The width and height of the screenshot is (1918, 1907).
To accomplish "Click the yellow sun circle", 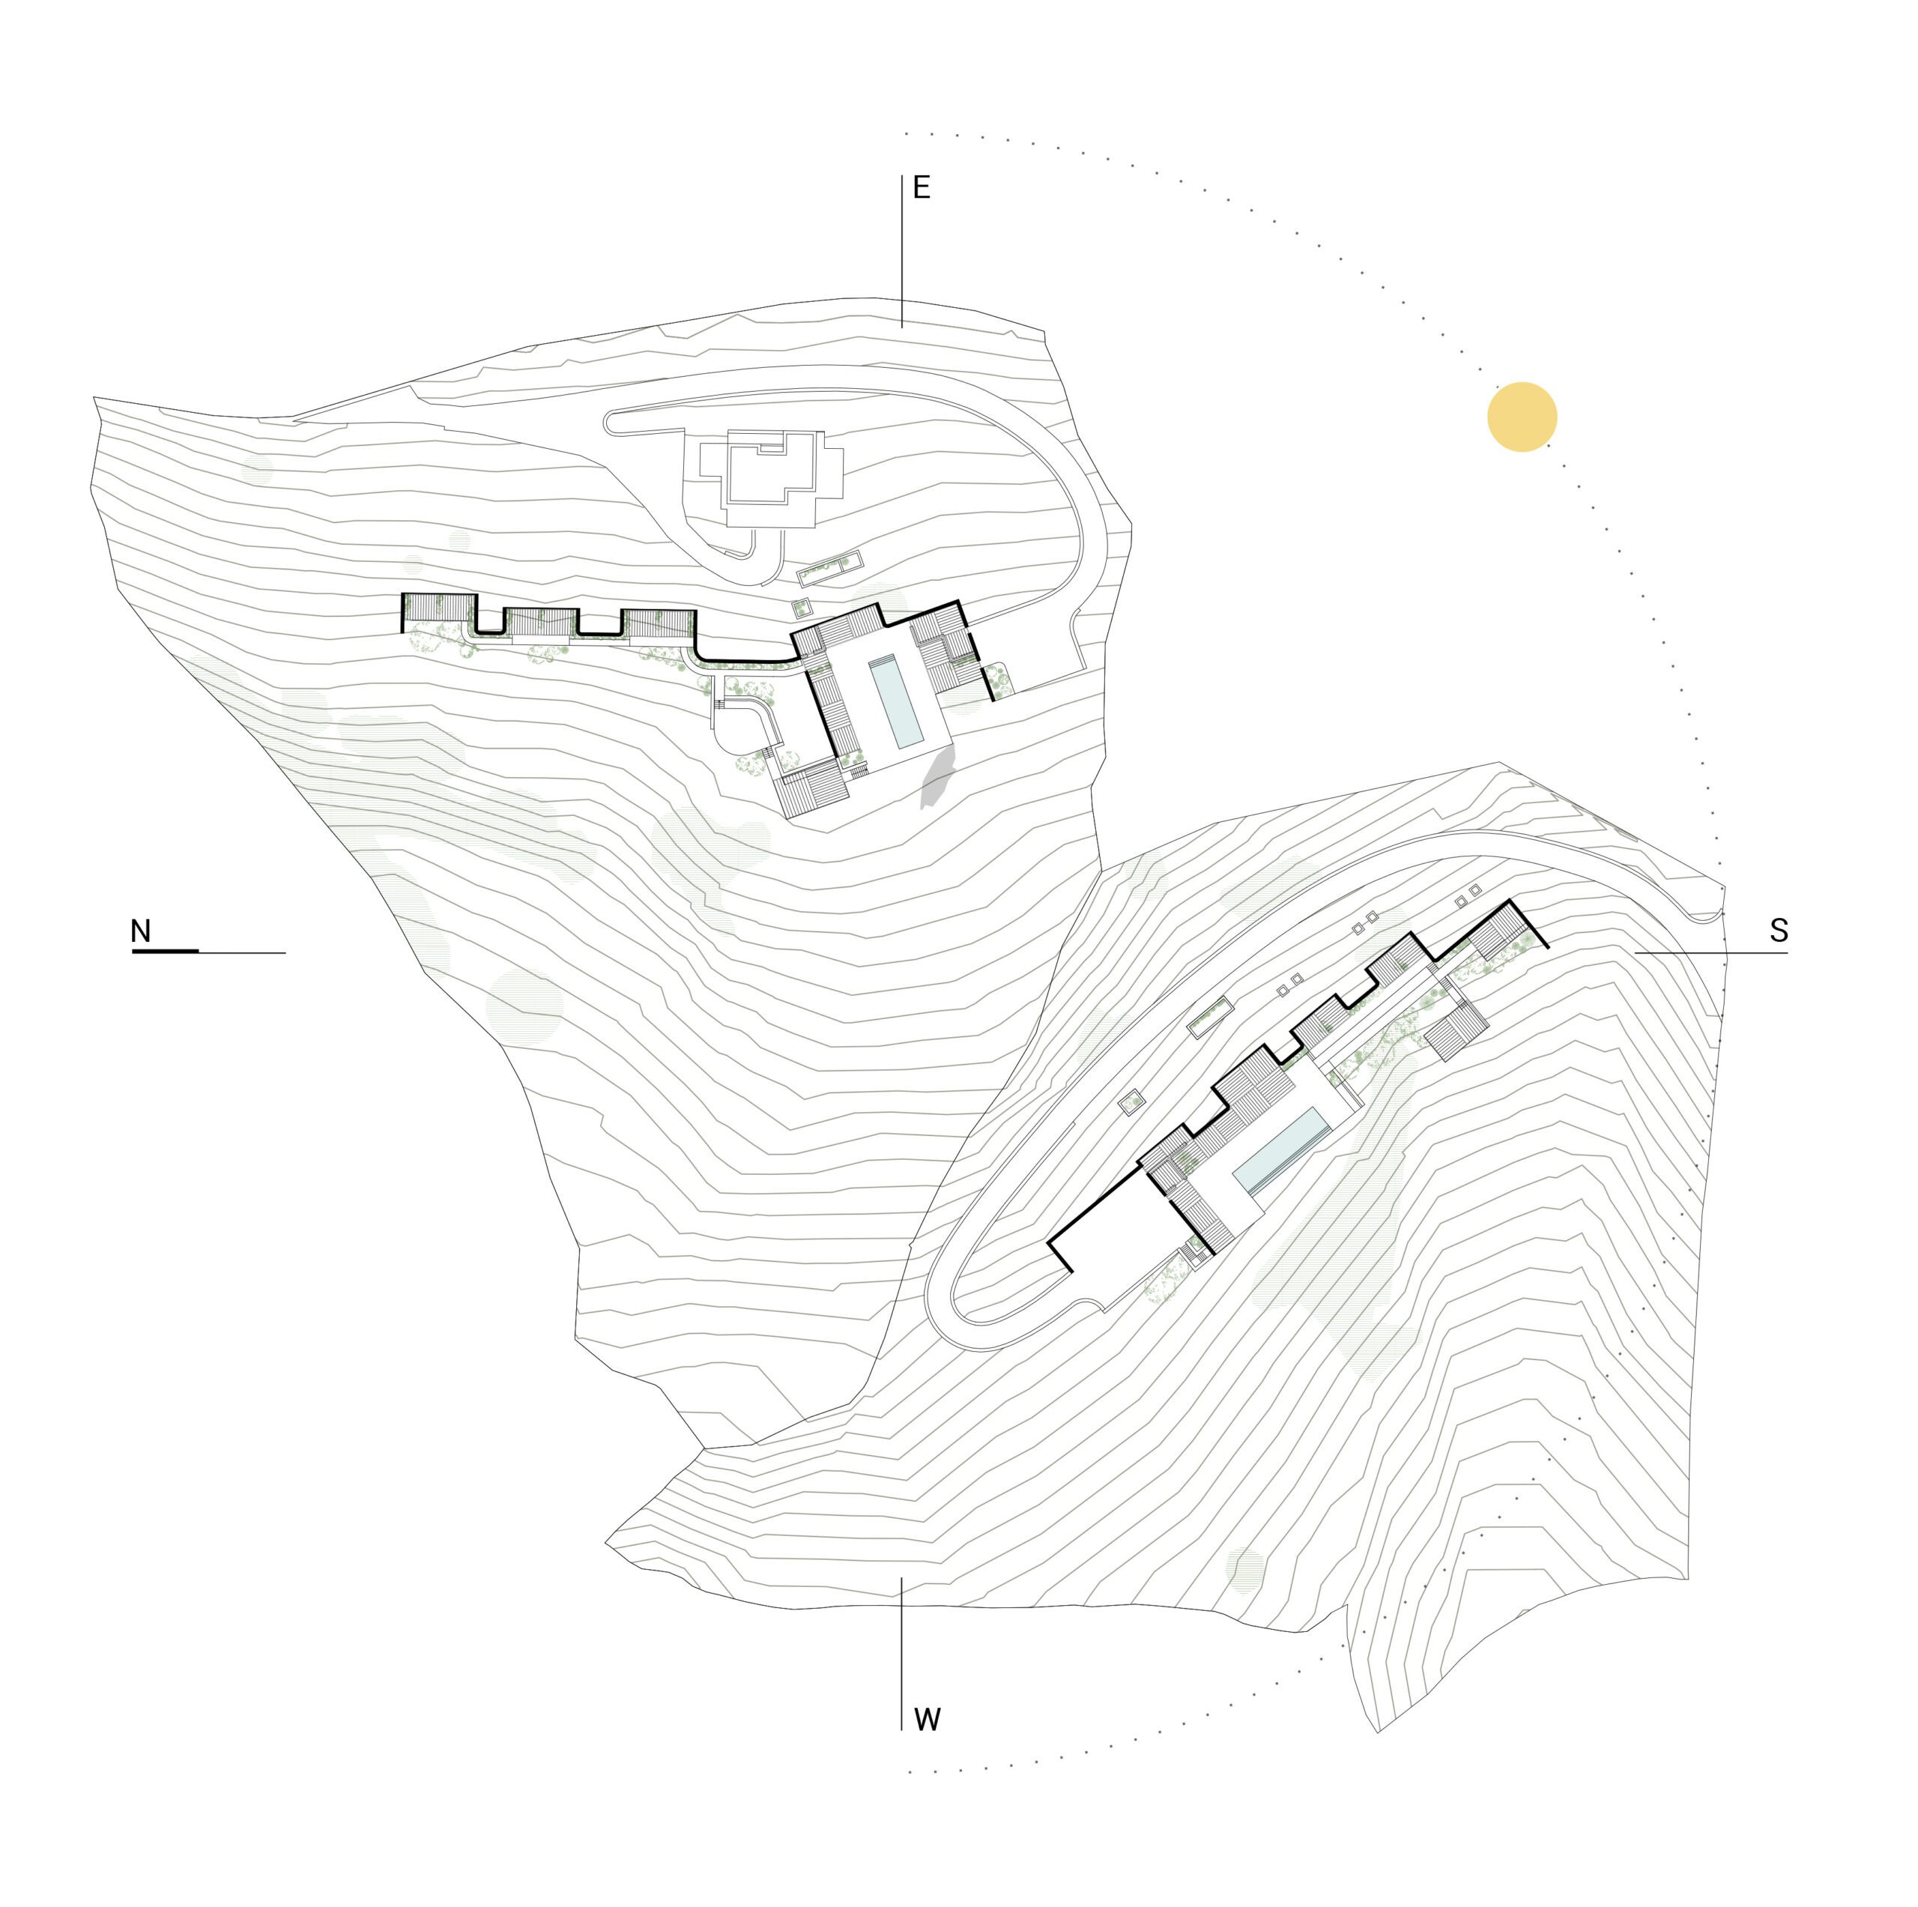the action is (x=1521, y=417).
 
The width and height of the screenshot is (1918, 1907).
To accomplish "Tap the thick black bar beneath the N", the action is (x=165, y=951).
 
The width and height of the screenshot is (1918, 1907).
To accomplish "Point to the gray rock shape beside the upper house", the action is (x=937, y=779).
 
